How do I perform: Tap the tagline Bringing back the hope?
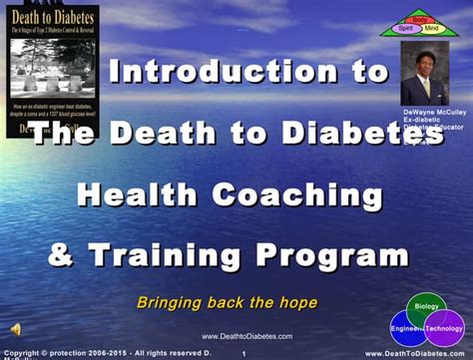click(227, 302)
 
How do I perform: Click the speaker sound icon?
click(16, 329)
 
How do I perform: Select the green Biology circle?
click(427, 307)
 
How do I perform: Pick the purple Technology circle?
click(445, 328)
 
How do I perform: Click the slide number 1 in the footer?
click(243, 353)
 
